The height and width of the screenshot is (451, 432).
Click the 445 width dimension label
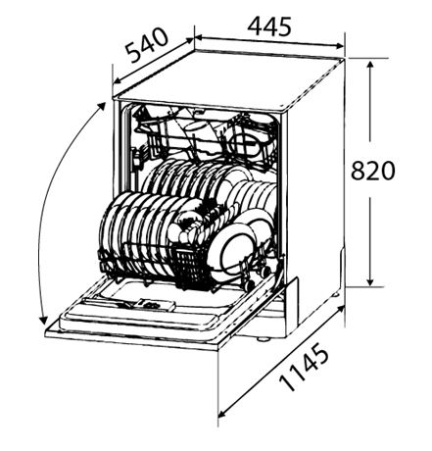tap(269, 26)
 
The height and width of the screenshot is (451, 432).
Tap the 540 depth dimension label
tap(148, 45)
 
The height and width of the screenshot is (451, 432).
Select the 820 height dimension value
tap(372, 170)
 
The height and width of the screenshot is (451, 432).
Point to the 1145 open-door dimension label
tap(304, 369)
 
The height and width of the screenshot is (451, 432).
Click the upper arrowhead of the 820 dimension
tap(370, 66)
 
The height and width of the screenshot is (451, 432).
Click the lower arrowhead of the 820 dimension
tap(370, 281)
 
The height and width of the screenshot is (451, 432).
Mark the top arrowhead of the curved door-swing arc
tap(101, 107)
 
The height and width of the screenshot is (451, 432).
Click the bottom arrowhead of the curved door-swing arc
tap(43, 320)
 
